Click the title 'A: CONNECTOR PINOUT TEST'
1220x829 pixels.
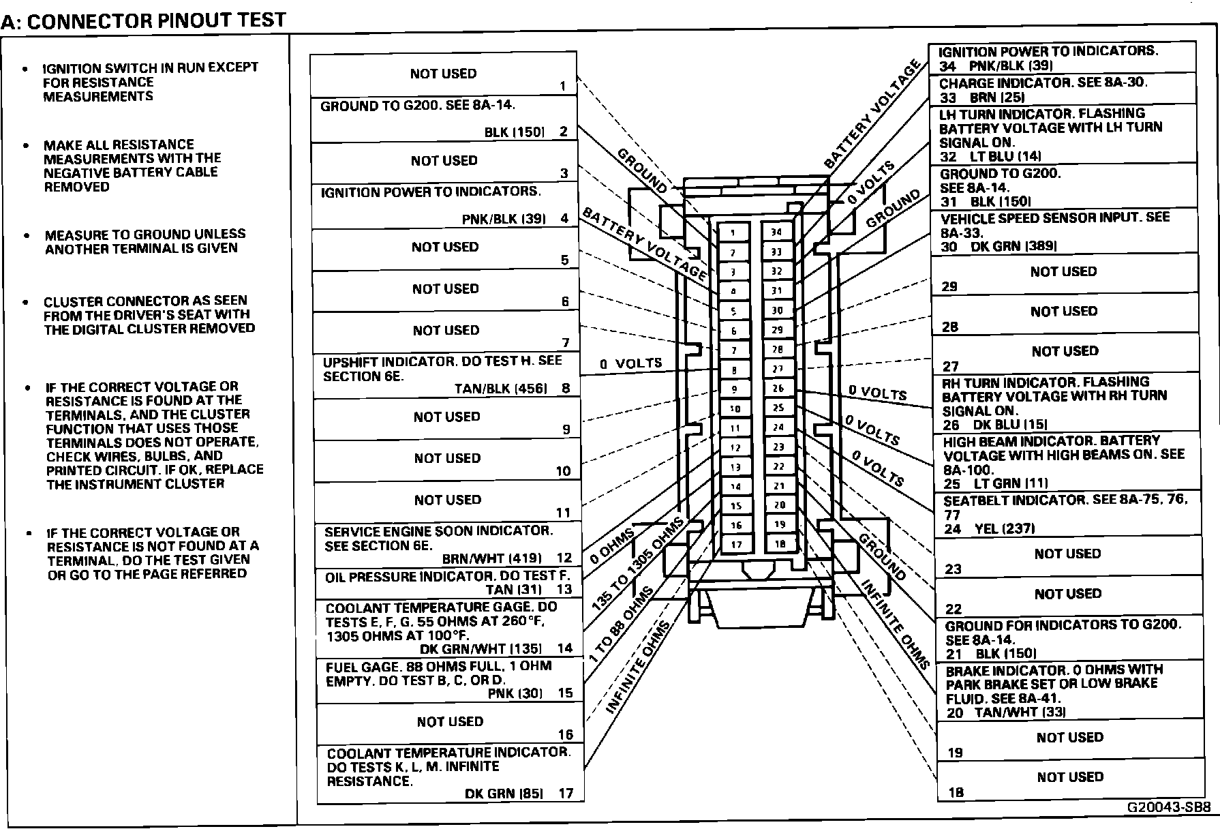pyautogui.click(x=143, y=20)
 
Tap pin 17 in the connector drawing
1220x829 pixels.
pyautogui.click(x=736, y=545)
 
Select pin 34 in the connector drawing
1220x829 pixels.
pyautogui.click(x=776, y=232)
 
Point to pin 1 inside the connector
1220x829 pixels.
pyautogui.click(x=733, y=232)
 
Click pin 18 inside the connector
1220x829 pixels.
pyautogui.click(x=780, y=544)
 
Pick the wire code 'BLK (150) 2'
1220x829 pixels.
pyautogui.click(x=525, y=132)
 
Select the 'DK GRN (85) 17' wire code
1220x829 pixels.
pyautogui.click(x=519, y=794)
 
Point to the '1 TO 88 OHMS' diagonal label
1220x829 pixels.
pyautogui.click(x=620, y=624)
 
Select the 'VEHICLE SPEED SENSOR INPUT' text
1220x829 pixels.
pyautogui.click(x=1054, y=218)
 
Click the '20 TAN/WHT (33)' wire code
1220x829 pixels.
pyautogui.click(x=1006, y=712)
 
